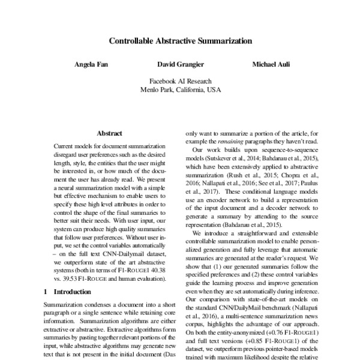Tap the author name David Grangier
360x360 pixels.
180,64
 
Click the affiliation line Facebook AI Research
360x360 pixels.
180,81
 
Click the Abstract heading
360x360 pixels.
109,133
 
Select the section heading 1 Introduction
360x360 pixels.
68,292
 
